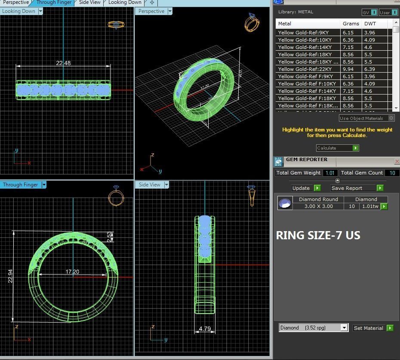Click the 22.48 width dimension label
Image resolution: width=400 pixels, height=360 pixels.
tap(63, 63)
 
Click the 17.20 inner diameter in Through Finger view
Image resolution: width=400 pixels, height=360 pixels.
tap(72, 272)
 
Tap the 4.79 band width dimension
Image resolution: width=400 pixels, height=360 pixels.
tap(205, 329)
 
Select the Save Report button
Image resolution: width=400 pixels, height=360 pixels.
tap(357, 188)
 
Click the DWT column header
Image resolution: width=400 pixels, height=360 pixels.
tap(370, 24)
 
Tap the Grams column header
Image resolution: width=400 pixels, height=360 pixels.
tap(351, 24)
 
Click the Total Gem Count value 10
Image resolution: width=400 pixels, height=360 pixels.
tap(392, 173)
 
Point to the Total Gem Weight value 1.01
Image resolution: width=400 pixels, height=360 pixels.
tap(330, 173)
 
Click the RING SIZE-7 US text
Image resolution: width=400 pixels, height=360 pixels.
tap(318, 235)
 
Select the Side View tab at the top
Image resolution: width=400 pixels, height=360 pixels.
tap(90, 3)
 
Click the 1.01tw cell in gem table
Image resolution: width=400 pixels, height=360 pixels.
tap(370, 207)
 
